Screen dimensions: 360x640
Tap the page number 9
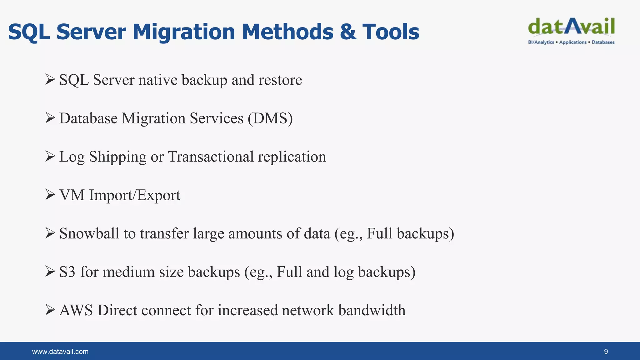606,352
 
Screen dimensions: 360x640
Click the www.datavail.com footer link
60,352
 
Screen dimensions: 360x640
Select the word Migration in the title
184,32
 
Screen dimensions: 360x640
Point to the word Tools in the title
391,32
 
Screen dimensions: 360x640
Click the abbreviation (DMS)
270,118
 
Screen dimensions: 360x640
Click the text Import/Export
135,195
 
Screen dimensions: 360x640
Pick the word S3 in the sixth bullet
67,272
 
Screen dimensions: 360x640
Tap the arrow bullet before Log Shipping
50,156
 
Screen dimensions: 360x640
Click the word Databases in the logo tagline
603,42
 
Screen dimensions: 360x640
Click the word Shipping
117,157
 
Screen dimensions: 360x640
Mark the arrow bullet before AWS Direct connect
50,310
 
